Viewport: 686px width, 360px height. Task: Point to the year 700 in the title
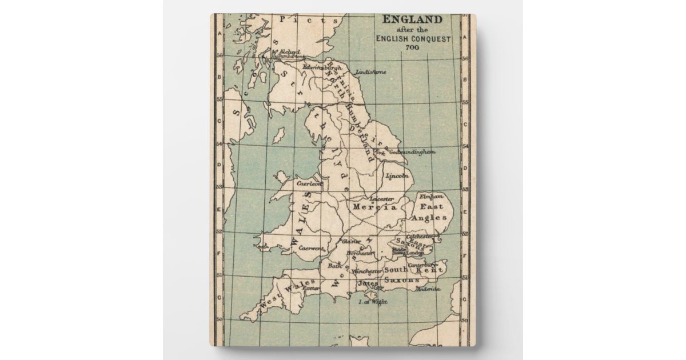coord(412,47)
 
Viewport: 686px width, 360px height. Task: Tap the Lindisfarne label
coord(370,73)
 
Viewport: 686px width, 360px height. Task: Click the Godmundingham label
coord(412,152)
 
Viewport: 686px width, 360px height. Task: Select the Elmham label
coord(431,195)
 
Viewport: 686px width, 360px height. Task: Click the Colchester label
coord(418,237)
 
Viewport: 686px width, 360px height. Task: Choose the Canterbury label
coord(424,265)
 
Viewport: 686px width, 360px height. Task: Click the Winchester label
coord(366,271)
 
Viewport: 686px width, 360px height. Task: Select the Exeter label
coord(312,289)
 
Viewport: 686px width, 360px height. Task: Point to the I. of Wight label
coord(373,301)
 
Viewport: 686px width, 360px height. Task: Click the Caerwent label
coord(312,249)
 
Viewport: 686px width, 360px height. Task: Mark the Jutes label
coord(368,282)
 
